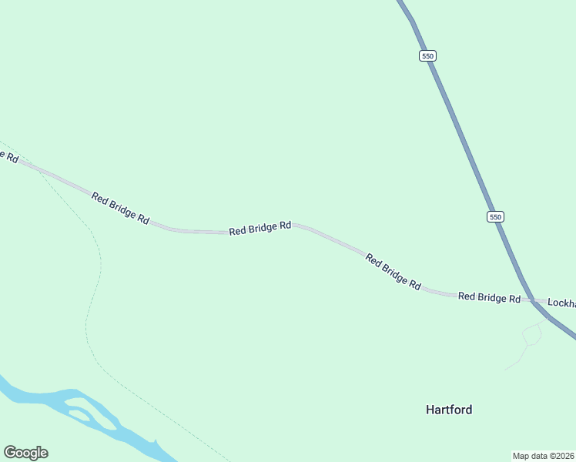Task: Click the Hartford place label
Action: click(x=449, y=410)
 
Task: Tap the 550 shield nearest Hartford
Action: click(x=495, y=217)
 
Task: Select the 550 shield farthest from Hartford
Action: click(x=428, y=55)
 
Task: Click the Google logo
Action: click(x=25, y=453)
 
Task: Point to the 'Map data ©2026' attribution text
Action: click(x=544, y=456)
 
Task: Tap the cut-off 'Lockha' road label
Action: click(x=561, y=303)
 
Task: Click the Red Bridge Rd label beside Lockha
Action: click(x=489, y=297)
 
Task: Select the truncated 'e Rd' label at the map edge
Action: click(x=9, y=156)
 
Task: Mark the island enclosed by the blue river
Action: click(x=79, y=414)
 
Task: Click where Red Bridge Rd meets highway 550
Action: click(x=532, y=300)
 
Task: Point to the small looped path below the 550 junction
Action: click(x=531, y=334)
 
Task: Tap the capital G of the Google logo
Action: click(x=10, y=452)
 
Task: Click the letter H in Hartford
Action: click(x=430, y=410)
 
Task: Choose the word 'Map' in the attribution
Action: click(x=521, y=456)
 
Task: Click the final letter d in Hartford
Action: click(x=468, y=410)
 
